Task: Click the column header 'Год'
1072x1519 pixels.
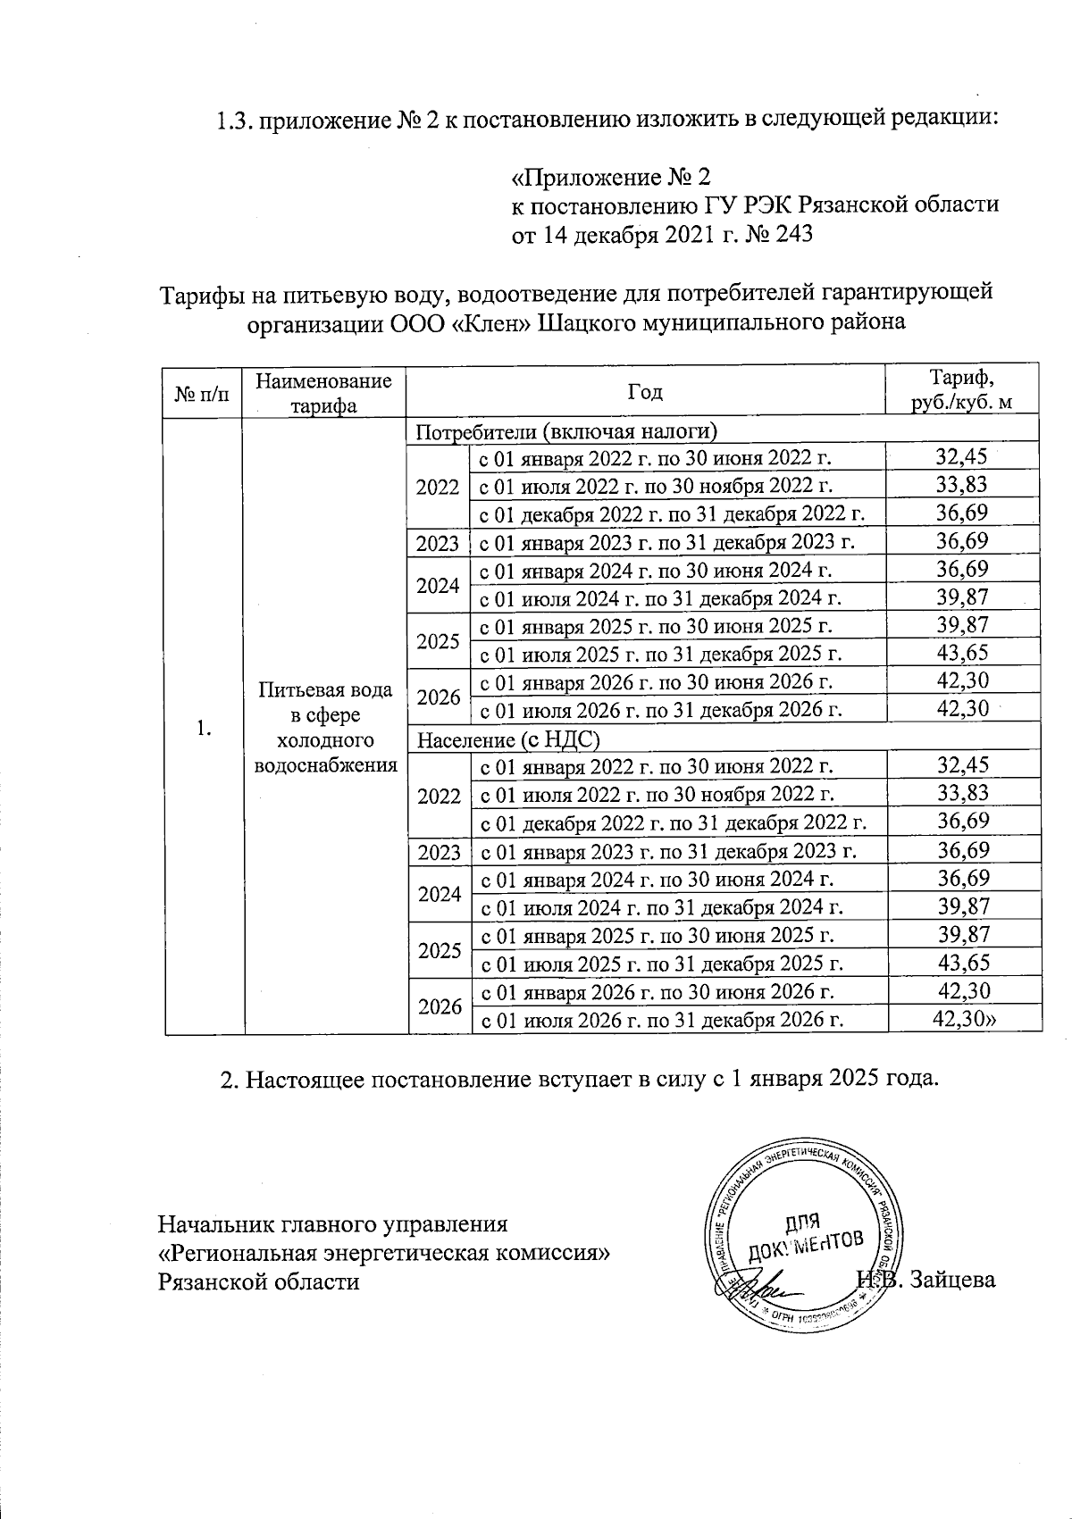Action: pos(644,391)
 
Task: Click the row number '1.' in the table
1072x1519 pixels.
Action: pos(204,728)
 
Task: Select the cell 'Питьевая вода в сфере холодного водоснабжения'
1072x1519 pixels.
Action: pos(324,728)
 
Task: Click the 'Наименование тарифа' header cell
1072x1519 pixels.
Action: pos(323,392)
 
